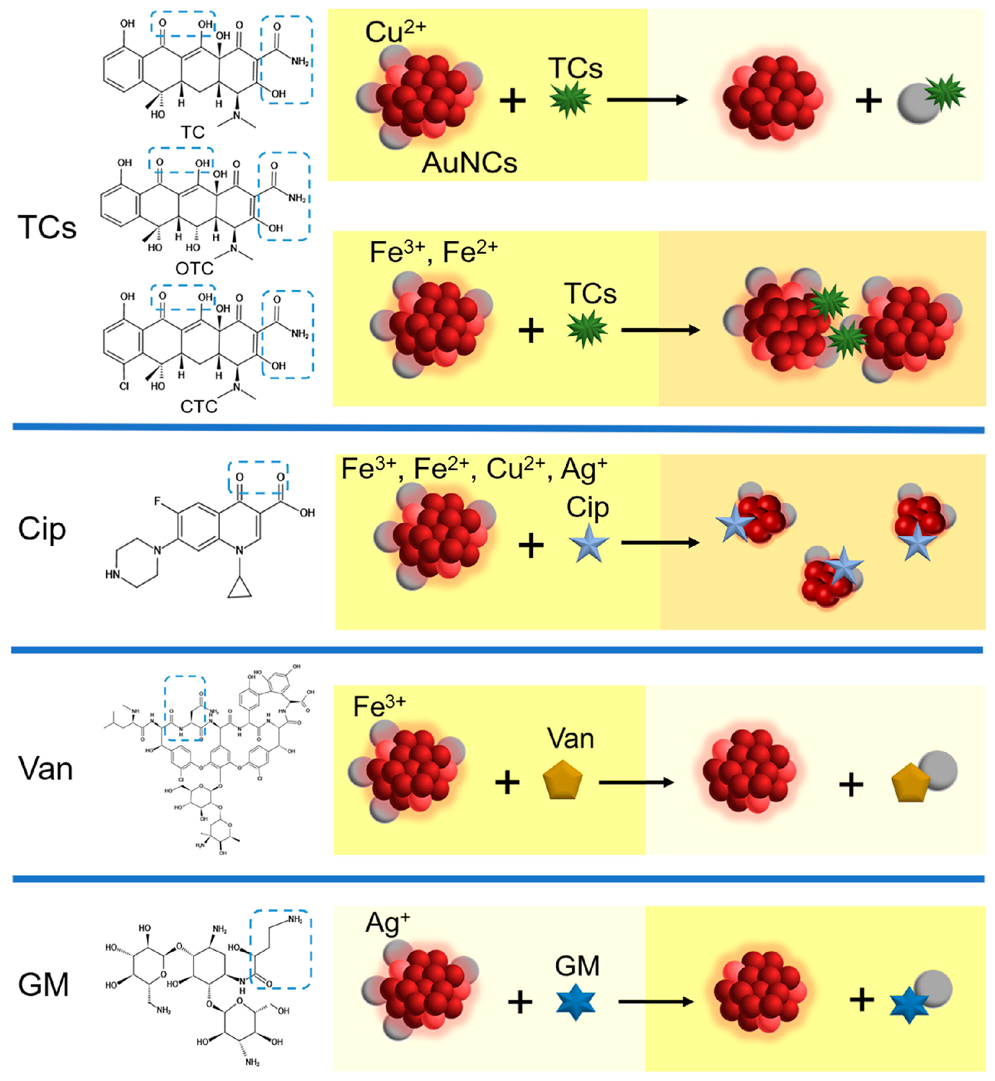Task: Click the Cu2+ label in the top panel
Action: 395,31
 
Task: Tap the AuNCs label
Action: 469,163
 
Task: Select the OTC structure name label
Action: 194,268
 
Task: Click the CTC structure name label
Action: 198,406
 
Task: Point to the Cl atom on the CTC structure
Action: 124,386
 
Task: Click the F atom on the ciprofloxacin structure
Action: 158,501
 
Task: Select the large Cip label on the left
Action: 42,529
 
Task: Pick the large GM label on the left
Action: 43,984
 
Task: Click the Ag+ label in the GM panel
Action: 387,923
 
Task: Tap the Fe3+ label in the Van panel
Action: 379,707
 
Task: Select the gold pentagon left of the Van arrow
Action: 562,780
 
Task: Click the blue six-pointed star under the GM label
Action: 575,1002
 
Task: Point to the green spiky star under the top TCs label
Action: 570,99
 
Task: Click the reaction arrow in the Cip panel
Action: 660,543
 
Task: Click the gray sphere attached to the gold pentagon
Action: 938,771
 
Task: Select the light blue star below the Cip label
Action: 588,543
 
